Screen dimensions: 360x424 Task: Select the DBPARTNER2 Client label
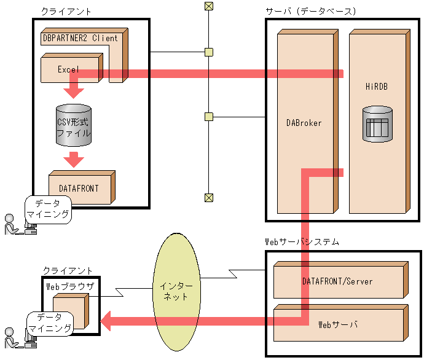click(x=80, y=37)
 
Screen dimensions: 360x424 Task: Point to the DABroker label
click(x=304, y=123)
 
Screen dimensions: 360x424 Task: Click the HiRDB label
click(x=376, y=87)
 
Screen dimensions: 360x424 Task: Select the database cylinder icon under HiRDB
click(x=377, y=124)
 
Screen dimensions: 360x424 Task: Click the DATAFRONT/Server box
click(x=337, y=281)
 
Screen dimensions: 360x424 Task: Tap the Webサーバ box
click(x=337, y=324)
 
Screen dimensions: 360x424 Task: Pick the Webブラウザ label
click(x=70, y=286)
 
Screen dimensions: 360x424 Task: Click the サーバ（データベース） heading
click(x=311, y=12)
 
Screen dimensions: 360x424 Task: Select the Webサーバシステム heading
click(x=301, y=242)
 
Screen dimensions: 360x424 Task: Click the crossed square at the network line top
click(x=209, y=7)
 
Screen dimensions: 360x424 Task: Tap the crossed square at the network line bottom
click(x=209, y=197)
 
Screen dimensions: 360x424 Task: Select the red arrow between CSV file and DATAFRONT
click(x=74, y=160)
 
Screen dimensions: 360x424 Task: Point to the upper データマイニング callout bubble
click(x=48, y=209)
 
